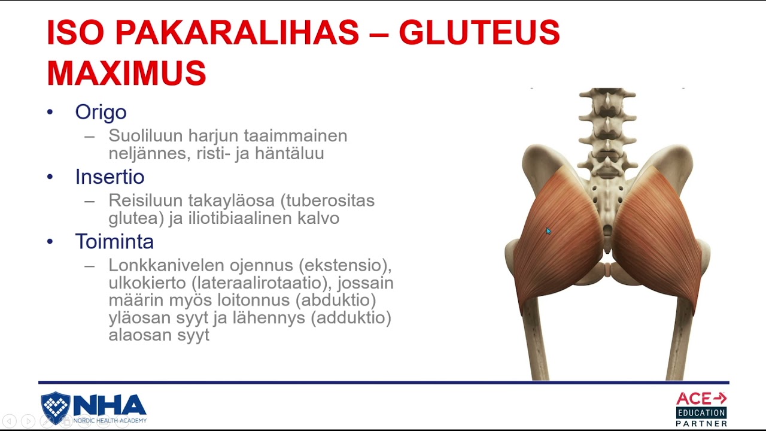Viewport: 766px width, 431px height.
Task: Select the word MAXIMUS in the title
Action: click(x=126, y=73)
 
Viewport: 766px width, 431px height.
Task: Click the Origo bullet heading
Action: click(x=101, y=112)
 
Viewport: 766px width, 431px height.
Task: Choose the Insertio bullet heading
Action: click(x=110, y=177)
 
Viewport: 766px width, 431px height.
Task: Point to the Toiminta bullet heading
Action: click(x=114, y=241)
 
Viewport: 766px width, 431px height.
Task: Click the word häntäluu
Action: click(x=290, y=153)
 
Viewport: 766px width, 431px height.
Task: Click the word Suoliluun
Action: click(x=146, y=136)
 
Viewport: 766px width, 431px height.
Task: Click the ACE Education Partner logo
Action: click(x=701, y=409)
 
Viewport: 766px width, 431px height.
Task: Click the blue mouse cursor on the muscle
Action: click(x=548, y=231)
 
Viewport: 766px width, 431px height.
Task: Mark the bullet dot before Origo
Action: click(x=50, y=112)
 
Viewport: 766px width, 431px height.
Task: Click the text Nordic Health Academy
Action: click(x=110, y=420)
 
